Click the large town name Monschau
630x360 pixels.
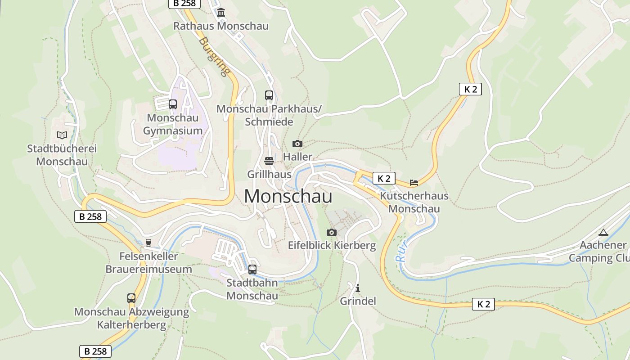pos(288,197)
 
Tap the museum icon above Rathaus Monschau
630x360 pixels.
pos(221,12)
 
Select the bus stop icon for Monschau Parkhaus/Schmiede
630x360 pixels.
pos(269,95)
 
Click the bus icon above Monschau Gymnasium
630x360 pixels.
pos(173,104)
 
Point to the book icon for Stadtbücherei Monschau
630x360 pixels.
pos(62,135)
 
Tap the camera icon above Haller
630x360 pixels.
pos(297,144)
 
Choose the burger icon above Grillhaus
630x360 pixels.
pos(269,161)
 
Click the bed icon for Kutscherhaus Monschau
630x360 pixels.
pos(414,182)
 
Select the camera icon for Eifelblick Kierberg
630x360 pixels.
pos(332,232)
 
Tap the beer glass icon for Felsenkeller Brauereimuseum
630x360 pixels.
pos(148,243)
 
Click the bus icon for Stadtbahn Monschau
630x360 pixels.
pos(252,270)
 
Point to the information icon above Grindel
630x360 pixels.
pos(358,288)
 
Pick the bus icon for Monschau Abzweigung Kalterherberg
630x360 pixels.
pos(131,298)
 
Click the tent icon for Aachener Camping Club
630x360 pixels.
pos(603,232)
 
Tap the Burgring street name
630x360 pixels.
pos(214,57)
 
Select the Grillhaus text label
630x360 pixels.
pos(269,174)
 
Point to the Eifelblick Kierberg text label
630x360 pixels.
pos(332,245)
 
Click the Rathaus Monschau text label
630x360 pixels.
pos(221,26)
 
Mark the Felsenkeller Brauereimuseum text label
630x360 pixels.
pos(148,262)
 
